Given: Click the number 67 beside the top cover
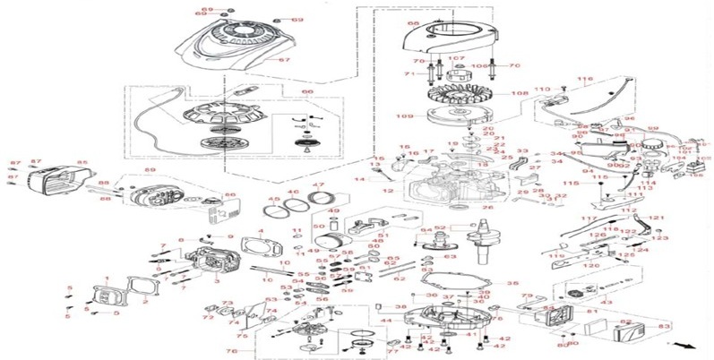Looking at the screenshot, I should pos(284,60).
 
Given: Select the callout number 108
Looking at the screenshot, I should pos(519,93).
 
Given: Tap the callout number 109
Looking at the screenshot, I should pos(408,116).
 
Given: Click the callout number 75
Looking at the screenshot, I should pos(241,336).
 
